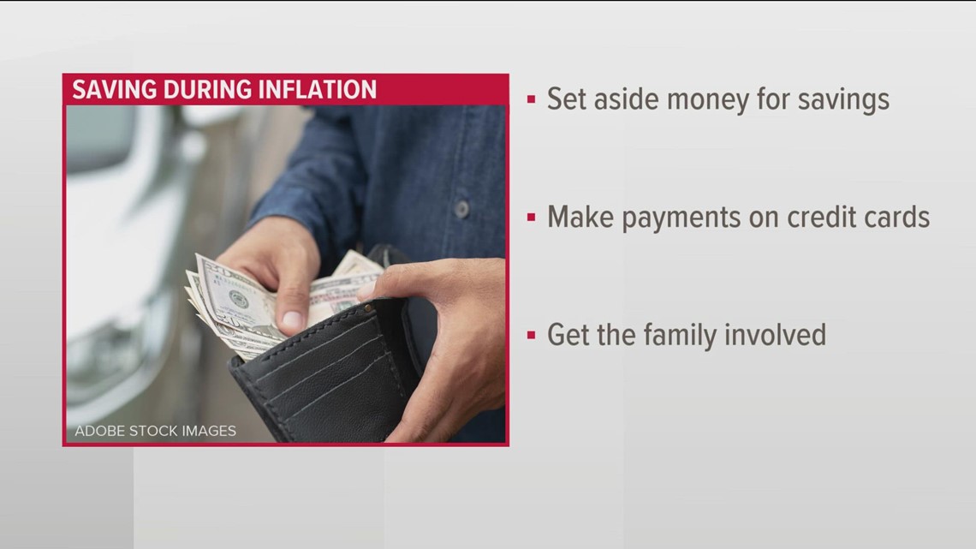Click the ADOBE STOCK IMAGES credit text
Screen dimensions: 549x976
click(155, 431)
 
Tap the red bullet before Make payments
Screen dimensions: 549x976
click(531, 218)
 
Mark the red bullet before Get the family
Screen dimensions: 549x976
click(531, 334)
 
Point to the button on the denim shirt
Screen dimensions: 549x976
click(461, 209)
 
